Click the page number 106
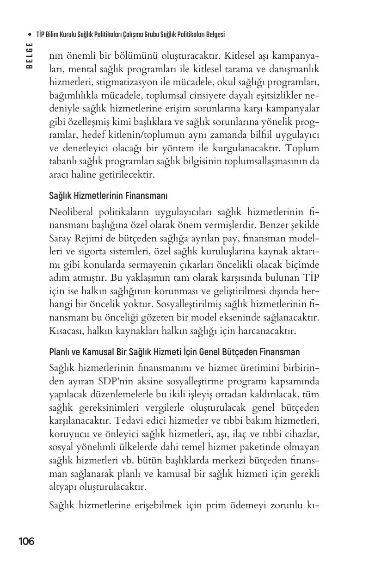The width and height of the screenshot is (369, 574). coord(26,541)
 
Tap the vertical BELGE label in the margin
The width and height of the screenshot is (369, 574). coord(30,55)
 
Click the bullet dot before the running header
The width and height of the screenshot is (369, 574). coord(30,35)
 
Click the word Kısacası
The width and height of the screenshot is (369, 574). coord(66,332)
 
